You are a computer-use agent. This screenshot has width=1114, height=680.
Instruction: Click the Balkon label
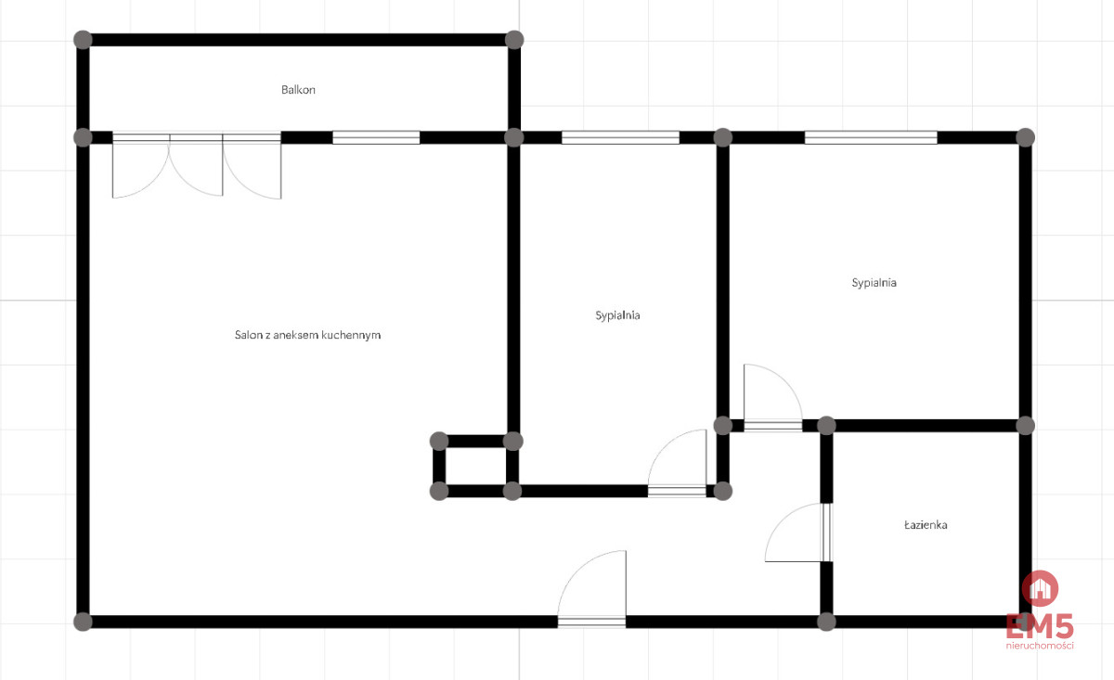tap(298, 90)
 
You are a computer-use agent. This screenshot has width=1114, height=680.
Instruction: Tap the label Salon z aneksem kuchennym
tap(307, 335)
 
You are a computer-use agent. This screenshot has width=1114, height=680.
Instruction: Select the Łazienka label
tap(926, 525)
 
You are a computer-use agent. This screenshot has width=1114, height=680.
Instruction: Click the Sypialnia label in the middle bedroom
tap(617, 315)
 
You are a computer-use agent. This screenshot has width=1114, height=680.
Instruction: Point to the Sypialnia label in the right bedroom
tap(874, 283)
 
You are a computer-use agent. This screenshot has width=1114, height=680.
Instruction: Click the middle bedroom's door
tap(677, 463)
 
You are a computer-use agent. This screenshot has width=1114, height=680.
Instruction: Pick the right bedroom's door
tap(772, 397)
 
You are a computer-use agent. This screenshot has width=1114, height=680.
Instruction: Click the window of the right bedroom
tap(871, 137)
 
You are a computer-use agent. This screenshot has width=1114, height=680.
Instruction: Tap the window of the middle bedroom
tap(620, 137)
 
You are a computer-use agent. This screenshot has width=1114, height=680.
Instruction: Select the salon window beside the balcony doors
tap(376, 137)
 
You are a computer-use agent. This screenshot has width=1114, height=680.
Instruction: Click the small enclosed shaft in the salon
tap(476, 467)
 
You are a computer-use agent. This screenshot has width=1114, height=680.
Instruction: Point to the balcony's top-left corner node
tap(83, 40)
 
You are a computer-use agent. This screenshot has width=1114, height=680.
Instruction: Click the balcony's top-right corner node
tap(514, 40)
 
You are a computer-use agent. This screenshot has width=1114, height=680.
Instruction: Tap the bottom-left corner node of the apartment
tap(83, 622)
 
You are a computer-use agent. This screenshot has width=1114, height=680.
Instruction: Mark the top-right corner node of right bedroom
tap(1026, 137)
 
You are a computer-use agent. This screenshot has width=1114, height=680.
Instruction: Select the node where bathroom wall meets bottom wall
tap(826, 622)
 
